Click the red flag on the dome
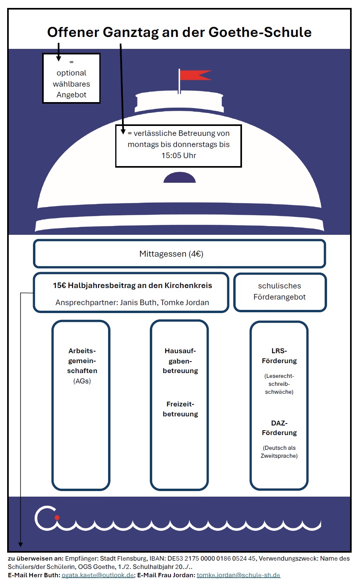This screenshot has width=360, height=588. pyautogui.click(x=194, y=75)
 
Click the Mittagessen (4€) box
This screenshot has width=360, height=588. pyautogui.click(x=179, y=254)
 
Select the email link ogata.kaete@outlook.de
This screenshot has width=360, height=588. pyautogui.click(x=98, y=575)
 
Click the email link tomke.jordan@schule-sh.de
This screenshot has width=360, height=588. pyautogui.click(x=238, y=575)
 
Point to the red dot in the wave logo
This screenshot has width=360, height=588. pyautogui.click(x=57, y=517)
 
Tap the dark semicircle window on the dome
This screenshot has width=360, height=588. pyautogui.click(x=180, y=178)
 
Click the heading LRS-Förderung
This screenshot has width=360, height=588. pyautogui.click(x=279, y=356)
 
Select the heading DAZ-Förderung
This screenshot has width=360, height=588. pyautogui.click(x=279, y=427)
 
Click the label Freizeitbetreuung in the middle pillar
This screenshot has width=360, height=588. pyautogui.click(x=180, y=409)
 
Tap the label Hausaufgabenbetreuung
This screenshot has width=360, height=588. pyautogui.click(x=180, y=361)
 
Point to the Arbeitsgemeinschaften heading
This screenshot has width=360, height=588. pyautogui.click(x=82, y=361)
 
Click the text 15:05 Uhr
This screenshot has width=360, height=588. pyautogui.click(x=179, y=155)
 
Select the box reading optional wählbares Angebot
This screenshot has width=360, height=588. pyautogui.click(x=72, y=79)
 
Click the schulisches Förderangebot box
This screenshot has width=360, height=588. pyautogui.click(x=280, y=291)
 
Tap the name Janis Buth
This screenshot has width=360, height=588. pyautogui.click(x=137, y=302)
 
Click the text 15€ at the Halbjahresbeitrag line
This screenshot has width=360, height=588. pyautogui.click(x=59, y=285)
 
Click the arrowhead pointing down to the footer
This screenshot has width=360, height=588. pyautogui.click(x=20, y=544)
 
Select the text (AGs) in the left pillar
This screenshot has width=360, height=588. pyautogui.click(x=82, y=381)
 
